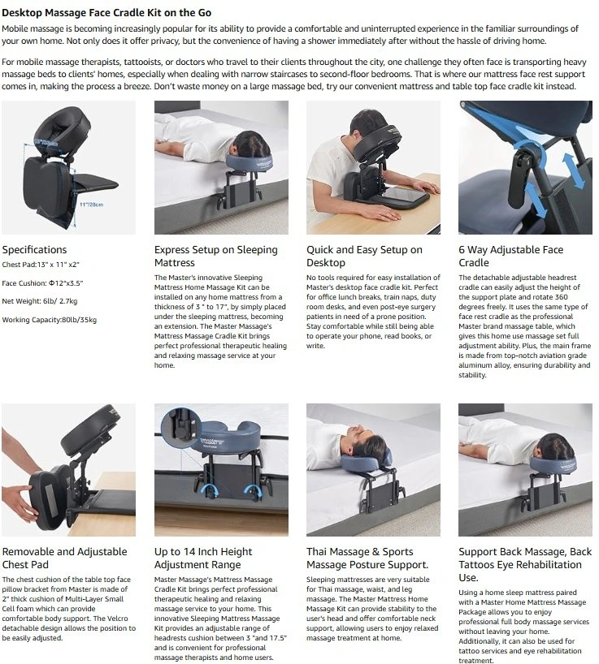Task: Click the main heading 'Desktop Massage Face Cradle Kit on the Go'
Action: coord(106,13)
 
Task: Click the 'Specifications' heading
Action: coord(34,249)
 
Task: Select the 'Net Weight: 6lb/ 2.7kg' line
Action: coord(40,301)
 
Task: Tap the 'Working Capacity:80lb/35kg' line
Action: coord(50,320)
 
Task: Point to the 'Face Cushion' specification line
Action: coord(42,282)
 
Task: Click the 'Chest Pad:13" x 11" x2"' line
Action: coord(41,265)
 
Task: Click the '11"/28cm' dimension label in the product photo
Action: coord(92,205)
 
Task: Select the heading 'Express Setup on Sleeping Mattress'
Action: coord(215,256)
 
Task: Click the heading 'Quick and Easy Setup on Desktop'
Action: coord(365,256)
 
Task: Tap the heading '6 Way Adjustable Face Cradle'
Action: coord(511,256)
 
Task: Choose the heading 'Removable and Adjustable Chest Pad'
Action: coord(64,558)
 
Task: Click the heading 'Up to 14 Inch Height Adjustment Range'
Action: coord(203,558)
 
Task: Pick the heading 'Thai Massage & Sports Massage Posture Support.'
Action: coord(367,558)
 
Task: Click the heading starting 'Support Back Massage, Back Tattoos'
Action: coord(525,564)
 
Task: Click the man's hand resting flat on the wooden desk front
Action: coord(380,213)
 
